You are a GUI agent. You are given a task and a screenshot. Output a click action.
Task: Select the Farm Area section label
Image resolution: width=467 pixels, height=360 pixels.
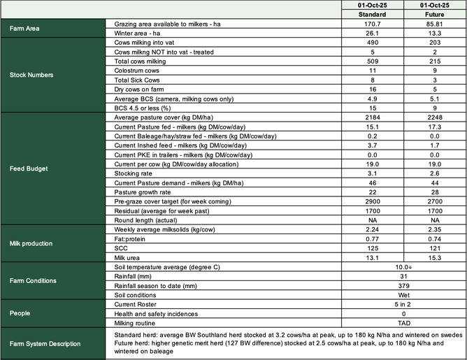click(x=24, y=29)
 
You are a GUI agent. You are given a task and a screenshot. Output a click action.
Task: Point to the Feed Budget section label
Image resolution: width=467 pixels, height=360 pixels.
click(x=29, y=168)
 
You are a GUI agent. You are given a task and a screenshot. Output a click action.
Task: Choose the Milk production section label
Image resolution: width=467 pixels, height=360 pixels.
click(x=34, y=244)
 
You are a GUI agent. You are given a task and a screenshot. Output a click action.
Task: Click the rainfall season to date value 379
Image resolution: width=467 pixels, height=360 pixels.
click(x=403, y=285)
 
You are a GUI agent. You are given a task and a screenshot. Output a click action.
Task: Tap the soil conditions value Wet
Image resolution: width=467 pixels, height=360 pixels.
click(x=403, y=294)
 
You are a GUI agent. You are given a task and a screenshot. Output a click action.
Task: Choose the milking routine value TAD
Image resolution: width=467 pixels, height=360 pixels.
click(x=403, y=324)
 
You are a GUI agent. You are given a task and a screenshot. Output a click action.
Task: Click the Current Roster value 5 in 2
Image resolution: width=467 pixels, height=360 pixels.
click(x=403, y=305)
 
